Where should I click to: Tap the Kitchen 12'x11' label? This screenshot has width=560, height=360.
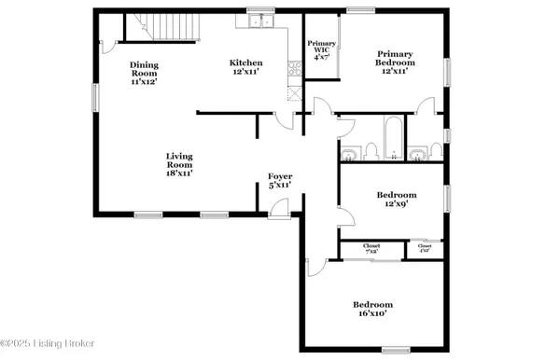[x=246, y=68]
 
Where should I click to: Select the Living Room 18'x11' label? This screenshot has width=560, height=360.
[x=179, y=165]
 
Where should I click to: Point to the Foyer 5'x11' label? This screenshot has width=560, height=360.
[x=280, y=180]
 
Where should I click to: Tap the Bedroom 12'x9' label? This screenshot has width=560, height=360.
[x=397, y=200]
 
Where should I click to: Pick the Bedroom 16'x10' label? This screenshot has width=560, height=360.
[x=372, y=310]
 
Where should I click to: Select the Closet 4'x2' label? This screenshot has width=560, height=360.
[x=425, y=249]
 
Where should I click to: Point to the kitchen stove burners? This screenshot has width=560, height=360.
[x=294, y=67]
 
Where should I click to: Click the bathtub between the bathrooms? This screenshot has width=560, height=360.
[x=393, y=136]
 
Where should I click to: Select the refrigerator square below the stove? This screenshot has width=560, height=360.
[x=294, y=92]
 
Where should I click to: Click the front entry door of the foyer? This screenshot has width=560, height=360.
[x=278, y=214]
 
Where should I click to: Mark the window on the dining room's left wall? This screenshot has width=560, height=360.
[x=94, y=97]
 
